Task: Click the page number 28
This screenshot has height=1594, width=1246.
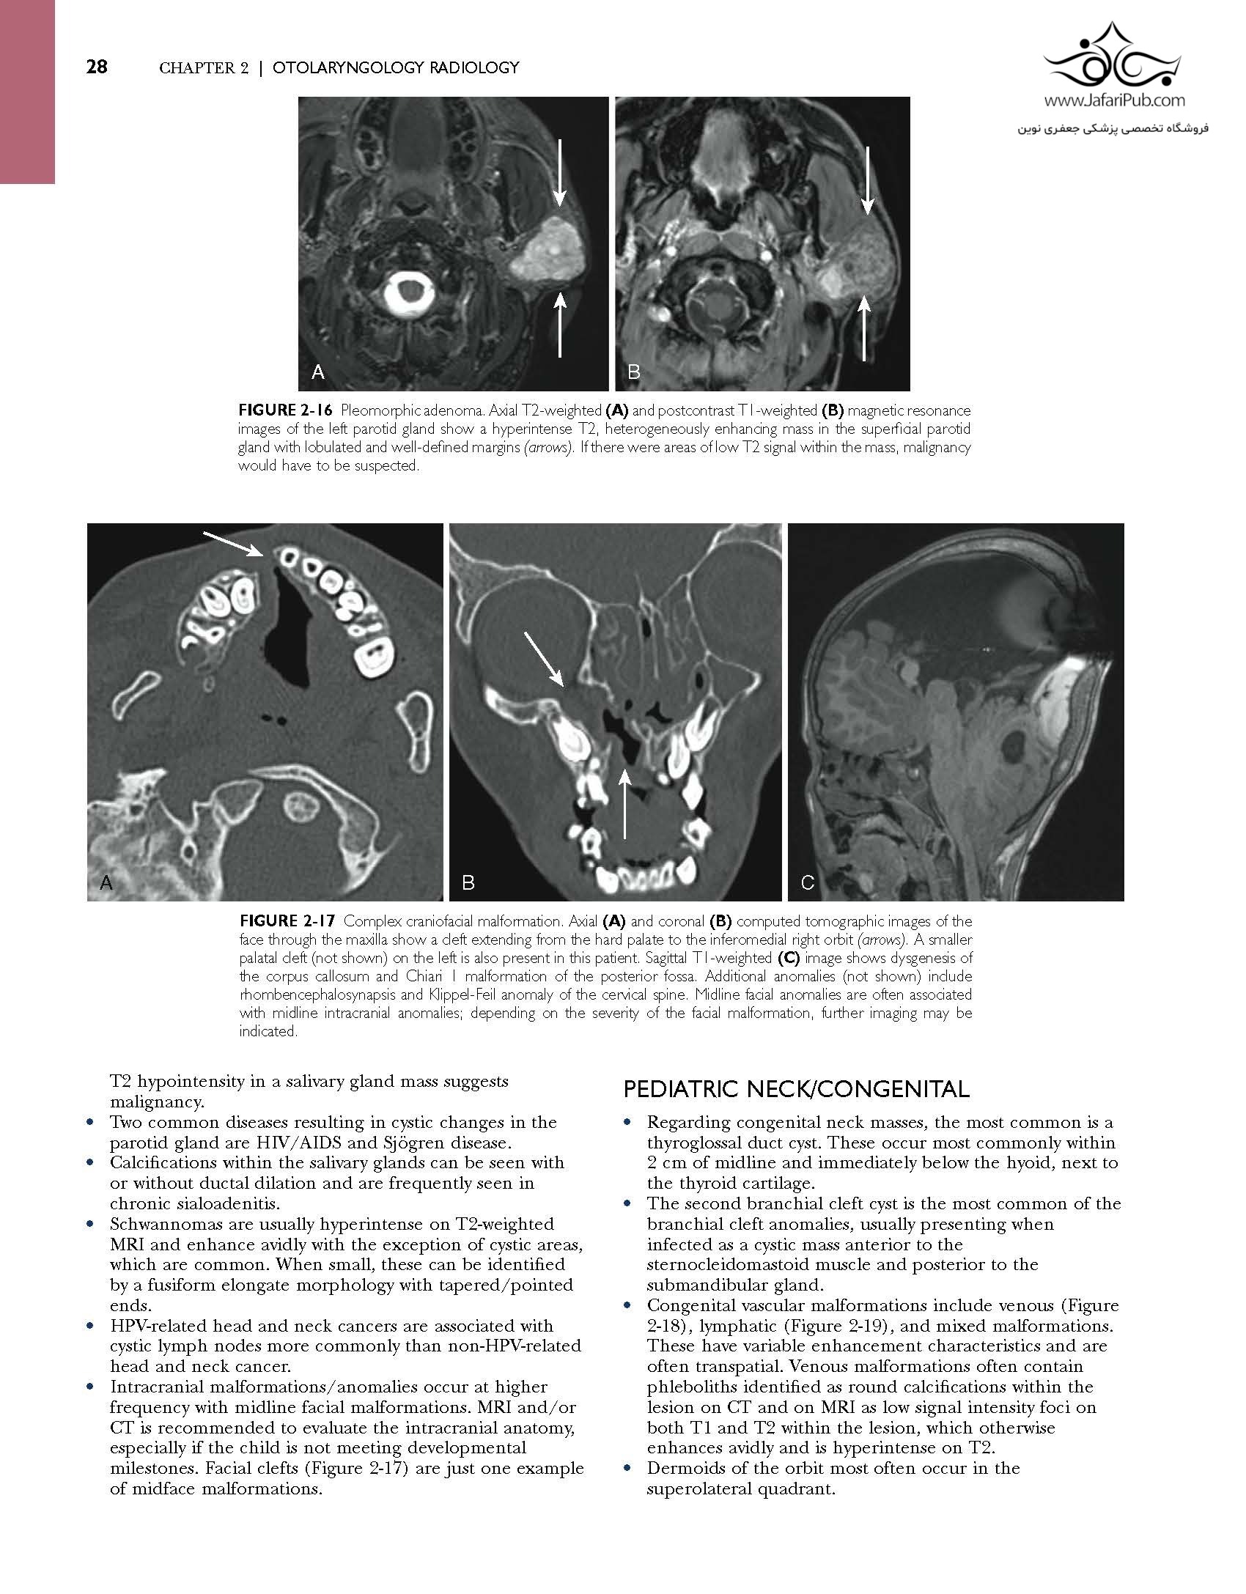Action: click(97, 67)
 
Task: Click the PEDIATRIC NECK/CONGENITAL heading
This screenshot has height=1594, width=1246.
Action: click(796, 1090)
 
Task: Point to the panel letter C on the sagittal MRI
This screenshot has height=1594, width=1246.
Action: click(807, 883)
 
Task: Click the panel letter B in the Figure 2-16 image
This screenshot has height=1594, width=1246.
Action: click(634, 372)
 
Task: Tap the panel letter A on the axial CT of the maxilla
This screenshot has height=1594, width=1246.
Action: click(106, 883)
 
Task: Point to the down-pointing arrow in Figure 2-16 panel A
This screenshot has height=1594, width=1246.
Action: click(559, 172)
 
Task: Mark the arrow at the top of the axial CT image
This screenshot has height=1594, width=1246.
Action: click(233, 544)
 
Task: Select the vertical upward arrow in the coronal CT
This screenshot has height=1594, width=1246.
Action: click(624, 802)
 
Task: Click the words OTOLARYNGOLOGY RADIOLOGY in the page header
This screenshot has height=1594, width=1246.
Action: click(396, 68)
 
